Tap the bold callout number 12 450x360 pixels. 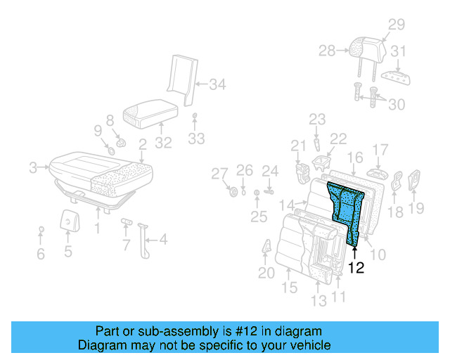click(356, 268)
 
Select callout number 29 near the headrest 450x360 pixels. click(397, 25)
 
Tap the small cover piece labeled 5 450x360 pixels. click(68, 220)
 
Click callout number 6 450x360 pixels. click(41, 254)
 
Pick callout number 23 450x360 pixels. click(317, 120)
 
